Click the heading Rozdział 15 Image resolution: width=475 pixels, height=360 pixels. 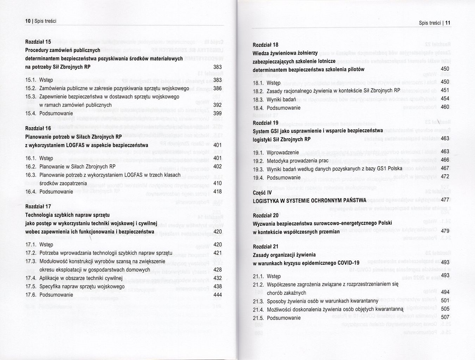click(x=38, y=42)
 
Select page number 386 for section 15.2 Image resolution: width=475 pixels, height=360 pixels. click(x=217, y=88)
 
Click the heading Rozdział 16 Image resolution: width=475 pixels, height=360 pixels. click(x=38, y=128)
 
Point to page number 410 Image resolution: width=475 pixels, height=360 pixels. click(x=217, y=183)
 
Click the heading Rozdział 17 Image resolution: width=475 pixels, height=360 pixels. click(x=38, y=206)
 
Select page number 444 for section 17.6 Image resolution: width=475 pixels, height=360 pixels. click(x=217, y=295)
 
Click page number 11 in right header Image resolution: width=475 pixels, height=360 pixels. click(x=448, y=23)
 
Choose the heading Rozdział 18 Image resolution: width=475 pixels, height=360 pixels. click(x=265, y=45)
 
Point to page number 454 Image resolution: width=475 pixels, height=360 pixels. click(x=445, y=98)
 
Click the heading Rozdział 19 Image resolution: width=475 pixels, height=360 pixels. click(x=265, y=123)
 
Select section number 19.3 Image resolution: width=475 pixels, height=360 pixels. click(x=258, y=169)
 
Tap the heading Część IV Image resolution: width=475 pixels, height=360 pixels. click(x=262, y=192)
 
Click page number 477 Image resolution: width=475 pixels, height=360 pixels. click(x=445, y=200)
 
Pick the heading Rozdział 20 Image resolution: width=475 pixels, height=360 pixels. click(x=265, y=215)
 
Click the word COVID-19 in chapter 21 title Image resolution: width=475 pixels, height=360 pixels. click(x=348, y=263)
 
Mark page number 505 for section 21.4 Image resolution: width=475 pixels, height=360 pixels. click(x=445, y=309)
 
